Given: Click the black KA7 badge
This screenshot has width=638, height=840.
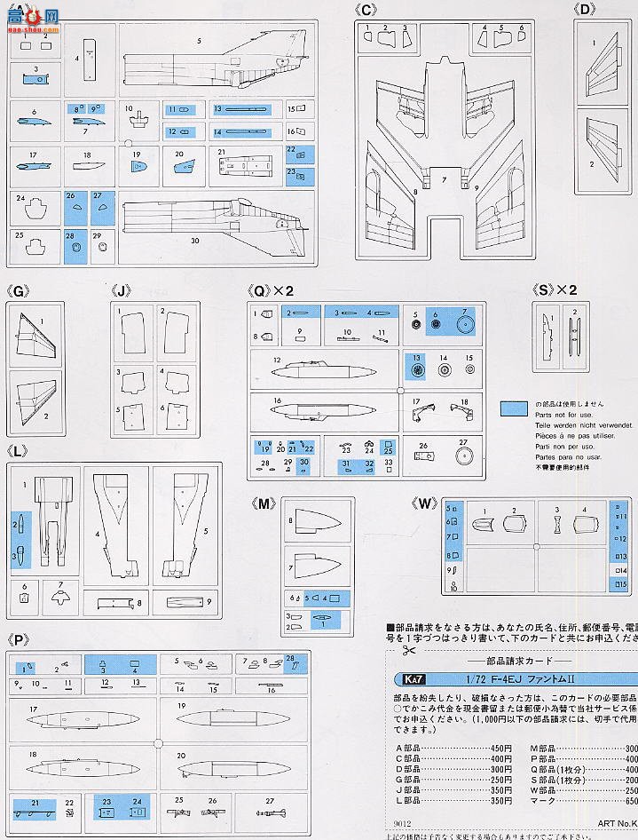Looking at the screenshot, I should pos(404,679).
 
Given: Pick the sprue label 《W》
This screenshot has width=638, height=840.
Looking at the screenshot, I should pos(427,503).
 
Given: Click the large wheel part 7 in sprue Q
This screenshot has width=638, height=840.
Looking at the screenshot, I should pos(465,324).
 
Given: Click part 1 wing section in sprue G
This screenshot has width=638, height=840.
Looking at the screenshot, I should pos(35,333).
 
